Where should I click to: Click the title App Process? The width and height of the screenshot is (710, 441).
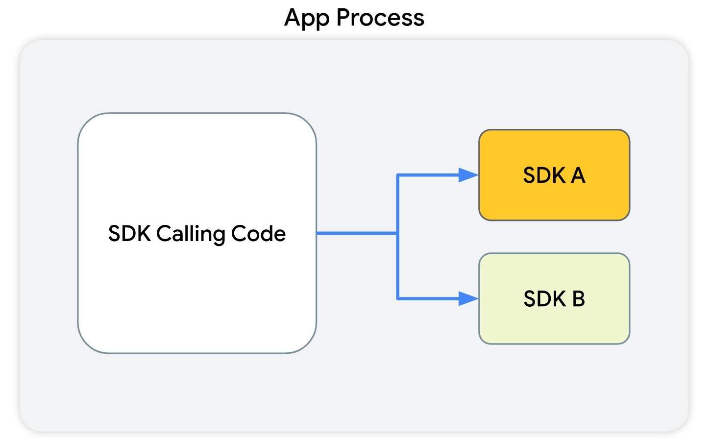tap(354, 18)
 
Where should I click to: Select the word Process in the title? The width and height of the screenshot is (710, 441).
tap(380, 18)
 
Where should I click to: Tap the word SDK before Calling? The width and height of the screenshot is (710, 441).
tap(129, 234)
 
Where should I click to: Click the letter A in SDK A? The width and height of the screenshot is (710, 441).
tap(578, 175)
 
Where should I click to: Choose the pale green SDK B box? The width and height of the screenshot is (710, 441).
tap(554, 323)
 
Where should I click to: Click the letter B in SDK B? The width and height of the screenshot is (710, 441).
tap(578, 299)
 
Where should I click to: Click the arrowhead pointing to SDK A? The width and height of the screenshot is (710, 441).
tap(468, 175)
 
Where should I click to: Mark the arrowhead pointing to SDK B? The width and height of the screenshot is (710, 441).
tap(468, 298)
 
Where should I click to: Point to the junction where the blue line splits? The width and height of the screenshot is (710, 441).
tap(397, 233)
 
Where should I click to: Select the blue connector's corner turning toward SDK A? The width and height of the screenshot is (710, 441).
tap(397, 175)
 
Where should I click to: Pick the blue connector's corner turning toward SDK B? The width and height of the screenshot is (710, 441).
tap(397, 298)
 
